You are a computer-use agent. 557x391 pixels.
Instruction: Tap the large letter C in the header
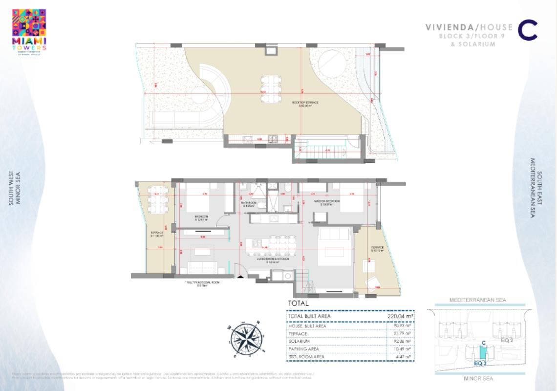[527, 30]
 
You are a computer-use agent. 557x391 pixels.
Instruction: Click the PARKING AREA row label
[304, 349]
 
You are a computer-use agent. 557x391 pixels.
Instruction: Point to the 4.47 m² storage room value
[404, 357]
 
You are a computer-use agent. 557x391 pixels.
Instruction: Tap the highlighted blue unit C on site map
[483, 351]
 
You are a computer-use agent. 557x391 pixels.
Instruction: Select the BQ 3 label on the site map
[481, 364]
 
